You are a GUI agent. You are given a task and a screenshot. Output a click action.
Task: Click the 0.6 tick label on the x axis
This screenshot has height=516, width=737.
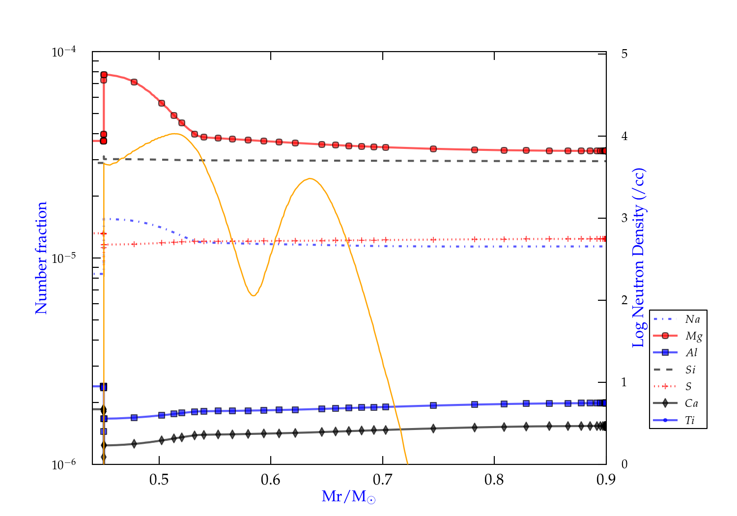tap(271, 480)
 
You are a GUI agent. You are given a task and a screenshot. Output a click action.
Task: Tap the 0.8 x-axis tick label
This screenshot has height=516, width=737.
tap(494, 480)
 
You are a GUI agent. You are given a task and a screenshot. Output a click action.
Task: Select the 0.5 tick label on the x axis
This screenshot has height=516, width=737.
tap(159, 480)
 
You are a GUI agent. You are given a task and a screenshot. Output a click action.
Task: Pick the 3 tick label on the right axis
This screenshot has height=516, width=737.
tap(624, 218)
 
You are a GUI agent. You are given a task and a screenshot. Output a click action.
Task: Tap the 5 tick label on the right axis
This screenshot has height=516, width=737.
tap(624, 54)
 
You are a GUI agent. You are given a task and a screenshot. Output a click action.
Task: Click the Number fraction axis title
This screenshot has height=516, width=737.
tap(41, 258)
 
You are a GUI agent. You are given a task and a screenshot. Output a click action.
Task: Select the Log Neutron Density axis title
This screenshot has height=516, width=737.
tap(638, 258)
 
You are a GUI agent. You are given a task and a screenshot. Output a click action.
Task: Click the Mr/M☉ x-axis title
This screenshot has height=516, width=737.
tap(349, 497)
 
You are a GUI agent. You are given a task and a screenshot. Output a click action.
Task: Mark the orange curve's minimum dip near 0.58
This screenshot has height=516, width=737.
tap(253, 295)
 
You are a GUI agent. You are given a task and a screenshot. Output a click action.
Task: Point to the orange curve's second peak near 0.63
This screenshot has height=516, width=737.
tap(310, 179)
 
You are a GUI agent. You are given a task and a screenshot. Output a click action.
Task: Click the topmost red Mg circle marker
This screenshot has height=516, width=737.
tap(104, 75)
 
